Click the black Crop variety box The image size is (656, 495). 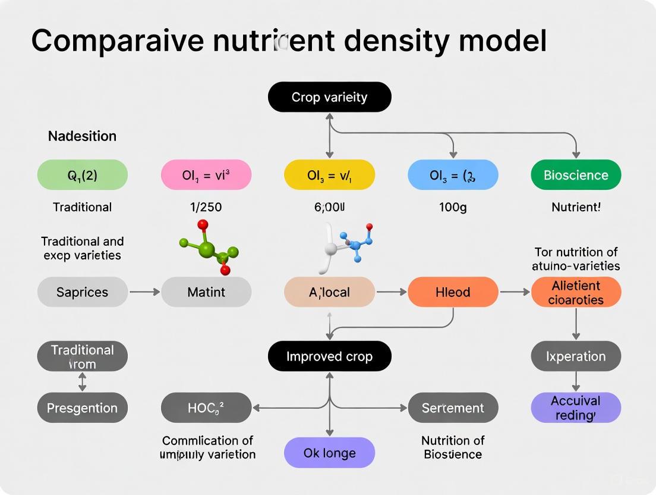point(329,97)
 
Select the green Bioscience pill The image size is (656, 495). point(575,175)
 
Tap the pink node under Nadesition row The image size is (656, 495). point(206,175)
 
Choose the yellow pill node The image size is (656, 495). point(329,175)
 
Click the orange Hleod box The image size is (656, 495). point(453,292)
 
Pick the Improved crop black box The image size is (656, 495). point(329,356)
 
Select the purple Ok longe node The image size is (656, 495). point(329,453)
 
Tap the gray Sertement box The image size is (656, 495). point(453,408)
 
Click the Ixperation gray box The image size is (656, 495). point(575,356)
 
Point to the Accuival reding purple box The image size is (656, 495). point(575,408)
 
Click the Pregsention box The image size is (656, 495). point(82,408)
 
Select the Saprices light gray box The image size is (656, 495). point(82,292)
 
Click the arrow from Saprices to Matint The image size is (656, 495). point(144,292)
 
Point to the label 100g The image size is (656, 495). point(453,208)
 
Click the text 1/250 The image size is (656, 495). point(206,208)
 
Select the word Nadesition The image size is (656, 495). point(82,136)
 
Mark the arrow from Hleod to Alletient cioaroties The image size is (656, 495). point(514,292)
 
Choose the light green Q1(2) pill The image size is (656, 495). point(82,175)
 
